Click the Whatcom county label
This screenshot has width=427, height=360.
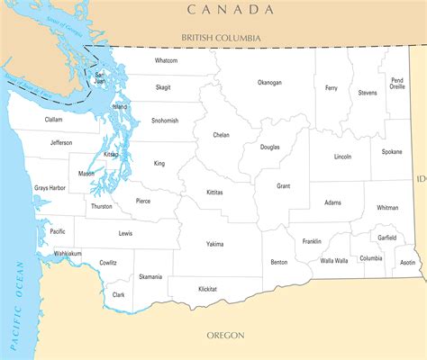(x=166, y=60)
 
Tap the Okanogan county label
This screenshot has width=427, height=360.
(x=268, y=82)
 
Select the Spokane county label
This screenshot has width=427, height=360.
(x=391, y=152)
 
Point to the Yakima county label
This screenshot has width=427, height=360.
(x=214, y=243)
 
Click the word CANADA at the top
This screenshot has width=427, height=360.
(x=230, y=9)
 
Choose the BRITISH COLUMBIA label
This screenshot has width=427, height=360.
(x=220, y=38)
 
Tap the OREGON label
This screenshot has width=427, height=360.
(x=225, y=335)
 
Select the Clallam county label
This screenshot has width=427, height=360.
(x=53, y=119)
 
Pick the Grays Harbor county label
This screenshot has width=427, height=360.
(x=50, y=187)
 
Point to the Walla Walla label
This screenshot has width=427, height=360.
(x=333, y=260)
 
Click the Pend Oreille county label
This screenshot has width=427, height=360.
(x=397, y=84)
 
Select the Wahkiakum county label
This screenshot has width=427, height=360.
(x=68, y=254)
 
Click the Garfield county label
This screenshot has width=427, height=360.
(x=386, y=238)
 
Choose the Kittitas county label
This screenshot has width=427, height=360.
(x=214, y=192)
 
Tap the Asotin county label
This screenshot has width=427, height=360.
(x=407, y=262)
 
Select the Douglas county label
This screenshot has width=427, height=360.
(x=269, y=147)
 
